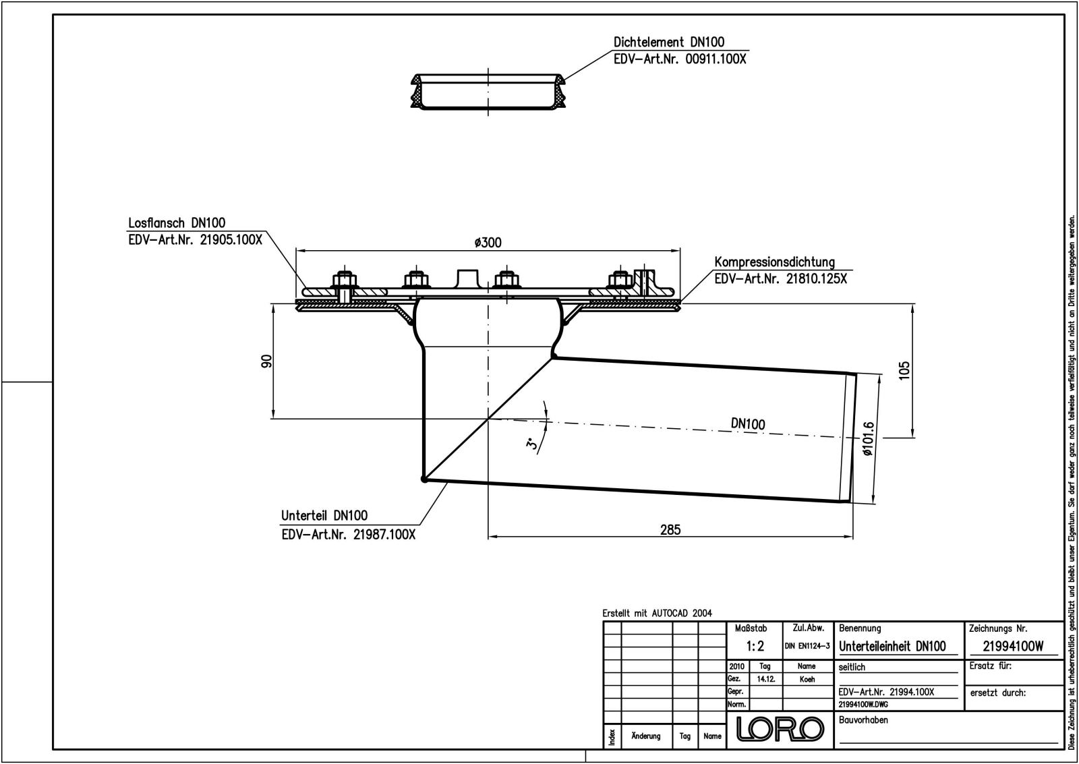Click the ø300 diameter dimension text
[x=488, y=242]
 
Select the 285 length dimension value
[x=670, y=529]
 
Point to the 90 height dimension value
[x=267, y=361]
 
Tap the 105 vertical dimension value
[x=905, y=370]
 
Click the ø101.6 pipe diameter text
[x=868, y=439]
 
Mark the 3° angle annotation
[x=532, y=444]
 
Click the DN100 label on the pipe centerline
[x=748, y=423]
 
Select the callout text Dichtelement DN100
[x=669, y=42]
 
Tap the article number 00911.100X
[x=716, y=59]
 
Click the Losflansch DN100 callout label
[x=177, y=223]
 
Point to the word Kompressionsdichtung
[x=774, y=262]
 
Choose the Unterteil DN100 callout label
[x=324, y=515]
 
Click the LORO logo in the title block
[x=780, y=728]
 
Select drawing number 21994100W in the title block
[x=1013, y=646]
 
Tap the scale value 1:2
[x=755, y=646]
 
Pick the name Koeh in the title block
[x=807, y=679]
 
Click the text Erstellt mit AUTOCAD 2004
[x=657, y=613]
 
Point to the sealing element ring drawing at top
[x=488, y=91]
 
